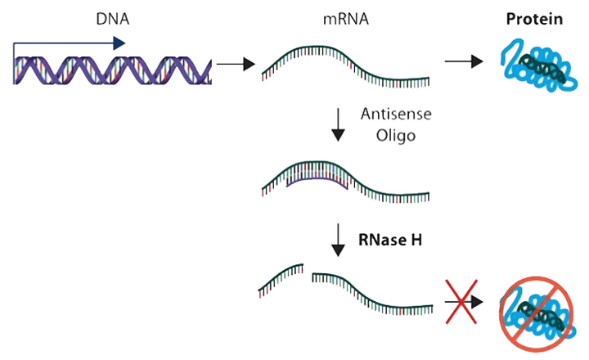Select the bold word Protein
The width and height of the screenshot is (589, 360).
[x=533, y=19]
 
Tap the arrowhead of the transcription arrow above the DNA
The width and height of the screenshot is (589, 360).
[x=120, y=43]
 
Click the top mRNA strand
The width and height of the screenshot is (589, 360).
[x=344, y=65]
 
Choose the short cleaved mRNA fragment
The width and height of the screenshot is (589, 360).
[x=282, y=278]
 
